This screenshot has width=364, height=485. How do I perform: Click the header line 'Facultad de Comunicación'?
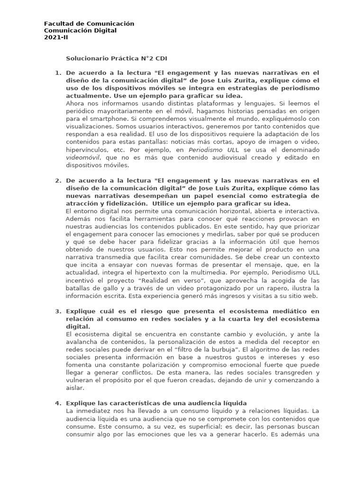click(89, 24)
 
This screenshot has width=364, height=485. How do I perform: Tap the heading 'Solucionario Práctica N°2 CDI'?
click(116, 59)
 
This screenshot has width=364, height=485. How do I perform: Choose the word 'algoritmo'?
click(272, 350)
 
